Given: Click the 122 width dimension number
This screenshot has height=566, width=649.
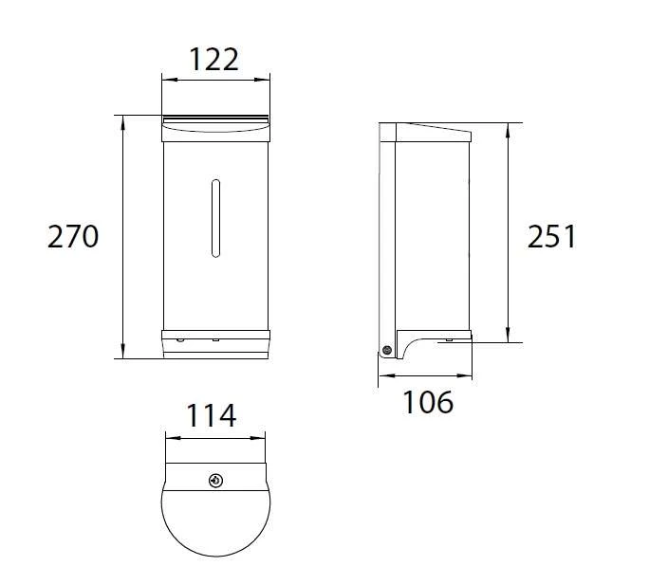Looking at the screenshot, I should click(214, 60).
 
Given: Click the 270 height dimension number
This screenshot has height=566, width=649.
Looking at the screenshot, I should click(73, 236).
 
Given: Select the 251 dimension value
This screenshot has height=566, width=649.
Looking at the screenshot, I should click(551, 236).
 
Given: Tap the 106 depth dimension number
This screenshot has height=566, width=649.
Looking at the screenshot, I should click(428, 402).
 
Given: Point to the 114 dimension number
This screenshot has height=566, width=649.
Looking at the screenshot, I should click(210, 415).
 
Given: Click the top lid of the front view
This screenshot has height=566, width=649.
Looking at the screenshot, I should click(217, 121).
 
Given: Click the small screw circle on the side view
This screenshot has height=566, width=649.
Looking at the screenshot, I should click(386, 351).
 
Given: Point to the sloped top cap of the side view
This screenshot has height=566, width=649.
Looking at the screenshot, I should click(432, 131).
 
